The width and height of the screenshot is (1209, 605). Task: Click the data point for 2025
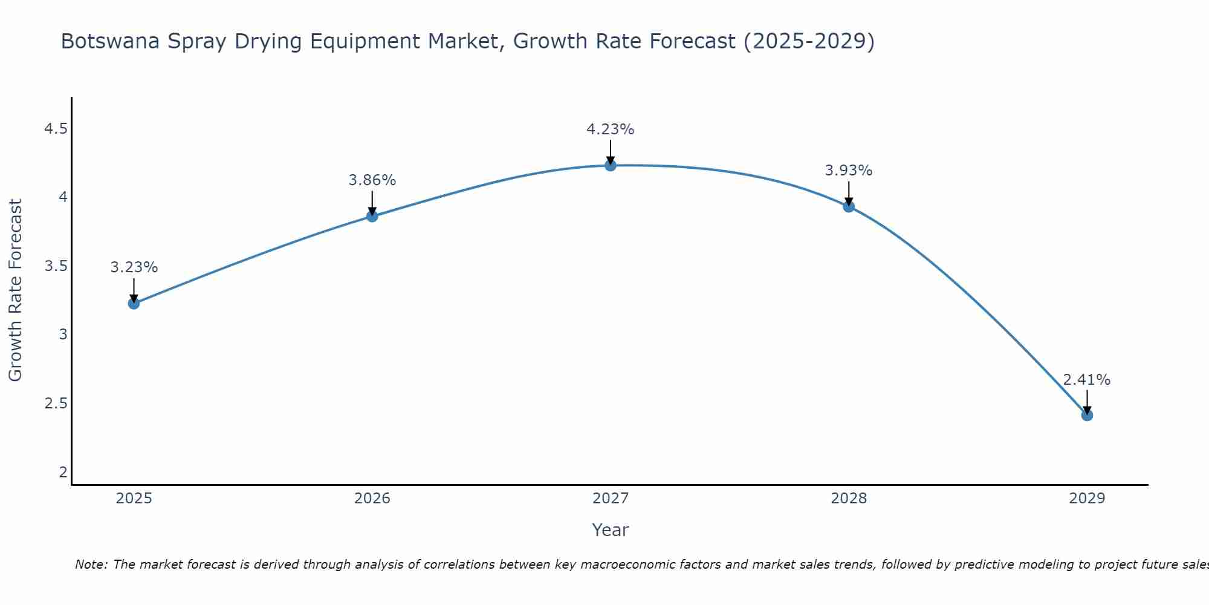[134, 303]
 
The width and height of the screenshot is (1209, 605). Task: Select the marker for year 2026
[372, 216]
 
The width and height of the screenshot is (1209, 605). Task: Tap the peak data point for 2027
[611, 165]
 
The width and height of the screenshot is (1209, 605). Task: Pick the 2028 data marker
[849, 206]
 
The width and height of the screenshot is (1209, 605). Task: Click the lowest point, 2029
[1087, 415]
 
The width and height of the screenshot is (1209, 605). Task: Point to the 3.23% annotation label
[134, 267]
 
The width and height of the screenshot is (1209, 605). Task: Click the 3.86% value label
[372, 180]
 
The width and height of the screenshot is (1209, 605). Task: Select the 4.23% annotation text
[611, 129]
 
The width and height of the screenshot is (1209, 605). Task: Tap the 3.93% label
[849, 171]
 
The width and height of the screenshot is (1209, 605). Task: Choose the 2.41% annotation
[1087, 380]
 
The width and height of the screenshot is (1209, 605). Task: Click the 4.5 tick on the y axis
[56, 129]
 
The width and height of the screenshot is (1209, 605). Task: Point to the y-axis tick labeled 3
[63, 335]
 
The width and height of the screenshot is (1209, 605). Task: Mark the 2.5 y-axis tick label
[56, 404]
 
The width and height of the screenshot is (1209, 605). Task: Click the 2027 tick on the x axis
[611, 499]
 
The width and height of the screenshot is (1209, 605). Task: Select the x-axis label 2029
[1087, 499]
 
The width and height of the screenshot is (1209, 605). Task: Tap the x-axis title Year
[611, 530]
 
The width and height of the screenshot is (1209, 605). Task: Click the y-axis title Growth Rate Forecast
[16, 290]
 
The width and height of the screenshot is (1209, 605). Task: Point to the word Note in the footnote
[91, 564]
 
